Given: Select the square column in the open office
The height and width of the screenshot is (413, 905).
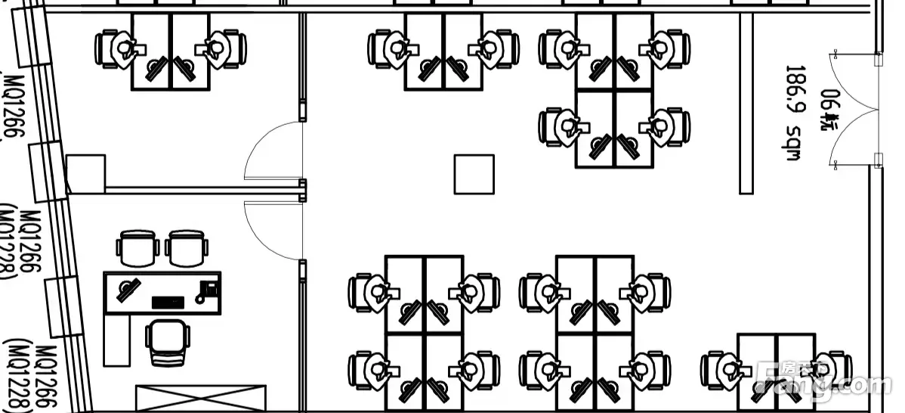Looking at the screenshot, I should pos(474,174).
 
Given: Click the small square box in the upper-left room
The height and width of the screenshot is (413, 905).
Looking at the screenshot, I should pos(85,172).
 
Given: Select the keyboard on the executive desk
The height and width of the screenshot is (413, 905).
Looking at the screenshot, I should pos(167,303).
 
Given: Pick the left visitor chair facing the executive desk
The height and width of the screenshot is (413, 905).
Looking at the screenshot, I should pos(137,247).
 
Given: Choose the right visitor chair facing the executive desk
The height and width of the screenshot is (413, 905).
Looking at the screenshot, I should pos(187,247).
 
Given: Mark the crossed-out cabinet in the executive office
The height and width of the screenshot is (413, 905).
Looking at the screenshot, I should pos(201,398).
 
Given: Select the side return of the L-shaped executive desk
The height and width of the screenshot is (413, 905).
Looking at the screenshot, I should pos(116,340).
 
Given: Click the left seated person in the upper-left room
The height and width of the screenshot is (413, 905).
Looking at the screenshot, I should pos(121,48).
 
